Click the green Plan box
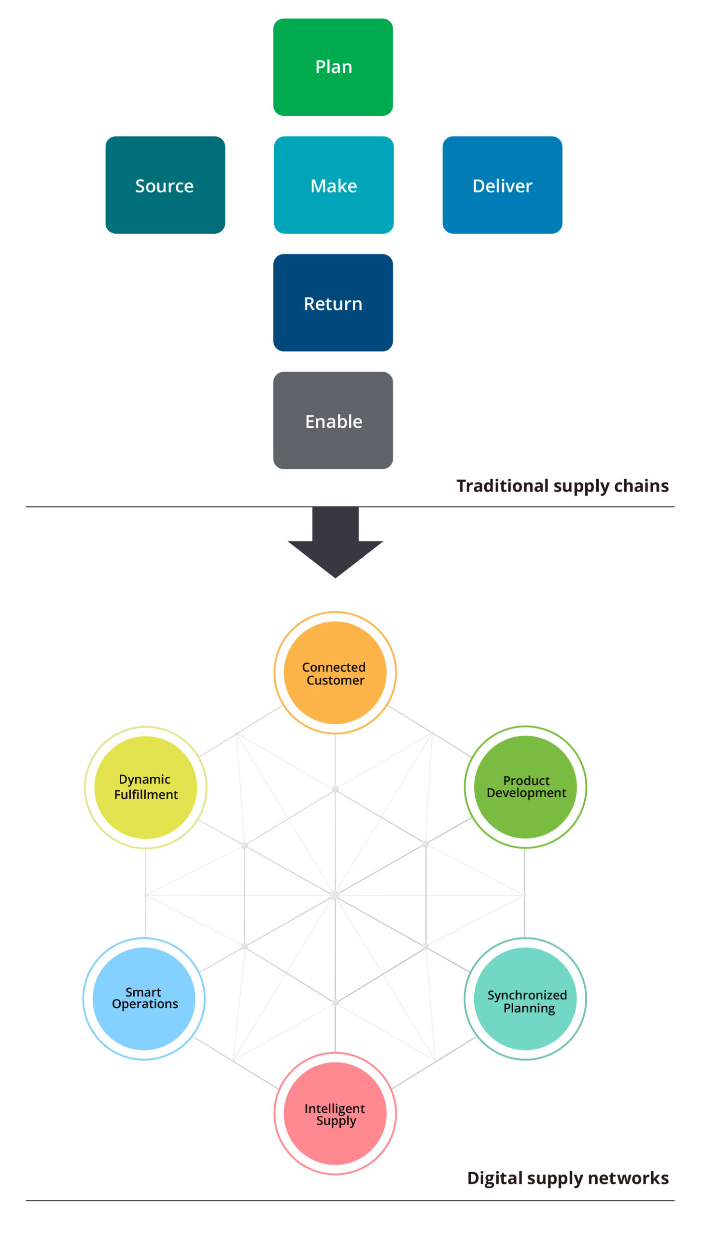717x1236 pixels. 333,67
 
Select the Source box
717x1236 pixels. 165,185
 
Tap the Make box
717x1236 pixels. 334,185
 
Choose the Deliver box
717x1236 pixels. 502,185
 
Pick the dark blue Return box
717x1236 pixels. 333,303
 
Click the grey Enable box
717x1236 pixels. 333,421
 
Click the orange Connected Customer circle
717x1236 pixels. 335,673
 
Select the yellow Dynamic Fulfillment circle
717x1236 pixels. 146,787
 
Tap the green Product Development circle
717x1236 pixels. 525,787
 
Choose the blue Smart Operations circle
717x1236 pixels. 144,998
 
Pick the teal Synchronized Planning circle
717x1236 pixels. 525,998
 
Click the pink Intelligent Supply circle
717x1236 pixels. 335,1113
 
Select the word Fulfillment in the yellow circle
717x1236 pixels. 146,795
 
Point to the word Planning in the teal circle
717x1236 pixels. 529,1009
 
